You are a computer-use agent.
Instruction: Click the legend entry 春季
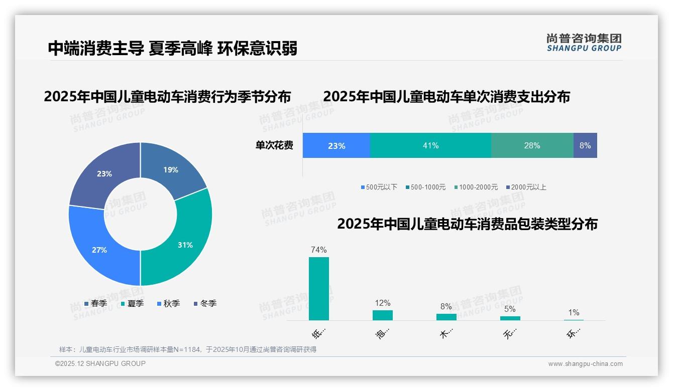[95, 303]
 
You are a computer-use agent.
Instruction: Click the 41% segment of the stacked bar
[430, 145]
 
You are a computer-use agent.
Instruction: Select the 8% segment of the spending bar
[585, 145]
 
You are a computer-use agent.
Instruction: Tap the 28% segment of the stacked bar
[532, 145]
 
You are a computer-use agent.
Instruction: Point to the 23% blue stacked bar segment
[336, 145]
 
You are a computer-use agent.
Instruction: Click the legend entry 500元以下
[379, 187]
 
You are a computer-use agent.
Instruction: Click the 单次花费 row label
[274, 145]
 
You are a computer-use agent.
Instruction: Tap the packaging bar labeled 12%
[382, 315]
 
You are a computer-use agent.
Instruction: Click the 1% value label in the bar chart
[574, 312]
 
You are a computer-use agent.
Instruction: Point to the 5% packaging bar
[510, 318]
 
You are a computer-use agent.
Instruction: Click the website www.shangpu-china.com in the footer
[585, 364]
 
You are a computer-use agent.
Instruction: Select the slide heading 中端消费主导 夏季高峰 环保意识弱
[172, 48]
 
